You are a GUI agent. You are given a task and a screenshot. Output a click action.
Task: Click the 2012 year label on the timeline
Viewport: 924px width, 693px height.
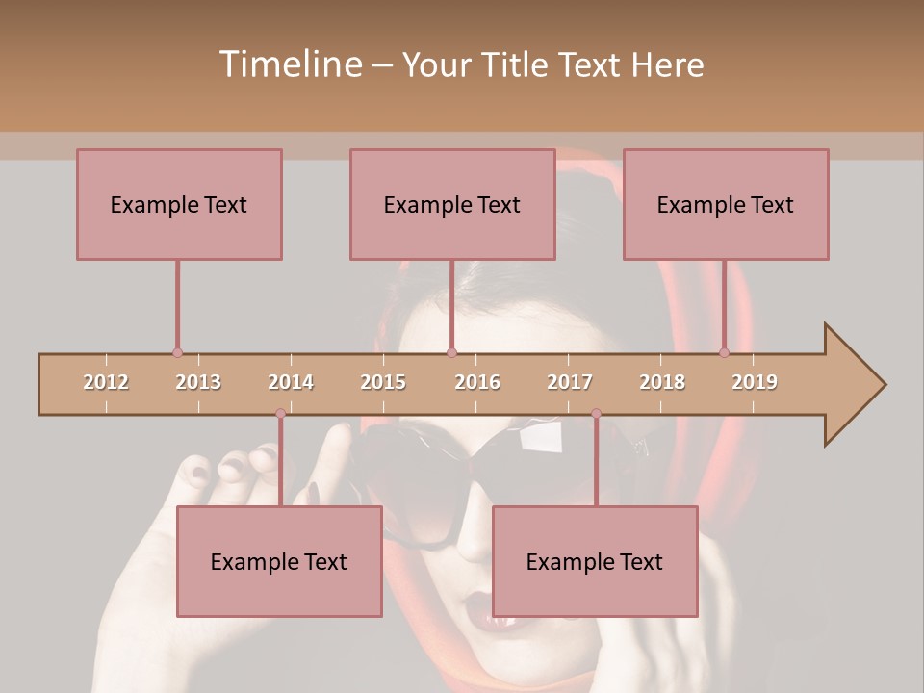click(x=106, y=382)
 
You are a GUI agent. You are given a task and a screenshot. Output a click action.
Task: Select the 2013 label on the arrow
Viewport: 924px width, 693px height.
click(x=198, y=382)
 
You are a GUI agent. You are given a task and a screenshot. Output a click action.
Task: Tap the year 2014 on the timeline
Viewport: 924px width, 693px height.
click(x=291, y=382)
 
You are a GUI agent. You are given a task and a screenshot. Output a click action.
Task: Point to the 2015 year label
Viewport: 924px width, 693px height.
click(x=383, y=382)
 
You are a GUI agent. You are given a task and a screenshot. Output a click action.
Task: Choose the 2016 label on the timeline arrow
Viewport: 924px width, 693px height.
click(x=477, y=382)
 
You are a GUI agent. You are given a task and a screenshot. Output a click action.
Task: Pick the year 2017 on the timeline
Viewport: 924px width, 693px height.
click(x=570, y=382)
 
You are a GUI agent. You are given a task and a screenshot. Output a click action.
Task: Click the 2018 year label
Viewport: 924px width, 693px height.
click(x=662, y=382)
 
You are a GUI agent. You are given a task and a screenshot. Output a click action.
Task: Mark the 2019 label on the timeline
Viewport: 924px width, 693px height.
click(x=755, y=382)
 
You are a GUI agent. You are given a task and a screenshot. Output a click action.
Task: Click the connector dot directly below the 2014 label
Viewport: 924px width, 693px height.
click(x=280, y=413)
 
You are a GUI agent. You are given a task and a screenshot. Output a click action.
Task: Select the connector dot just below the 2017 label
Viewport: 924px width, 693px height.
click(x=596, y=413)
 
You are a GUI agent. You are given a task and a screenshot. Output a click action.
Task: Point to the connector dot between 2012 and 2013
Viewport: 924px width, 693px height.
click(x=177, y=352)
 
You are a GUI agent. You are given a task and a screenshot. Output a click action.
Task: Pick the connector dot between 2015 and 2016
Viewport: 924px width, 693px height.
click(x=451, y=352)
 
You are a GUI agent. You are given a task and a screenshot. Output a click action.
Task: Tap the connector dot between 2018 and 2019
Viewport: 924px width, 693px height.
click(x=724, y=352)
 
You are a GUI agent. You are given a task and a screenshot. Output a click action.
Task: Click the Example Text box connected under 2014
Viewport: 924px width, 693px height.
click(x=279, y=561)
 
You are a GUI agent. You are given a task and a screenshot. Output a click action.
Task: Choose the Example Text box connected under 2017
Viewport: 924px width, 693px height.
click(x=595, y=561)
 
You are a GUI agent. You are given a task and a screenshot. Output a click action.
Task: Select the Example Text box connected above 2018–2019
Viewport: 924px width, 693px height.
click(x=726, y=204)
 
